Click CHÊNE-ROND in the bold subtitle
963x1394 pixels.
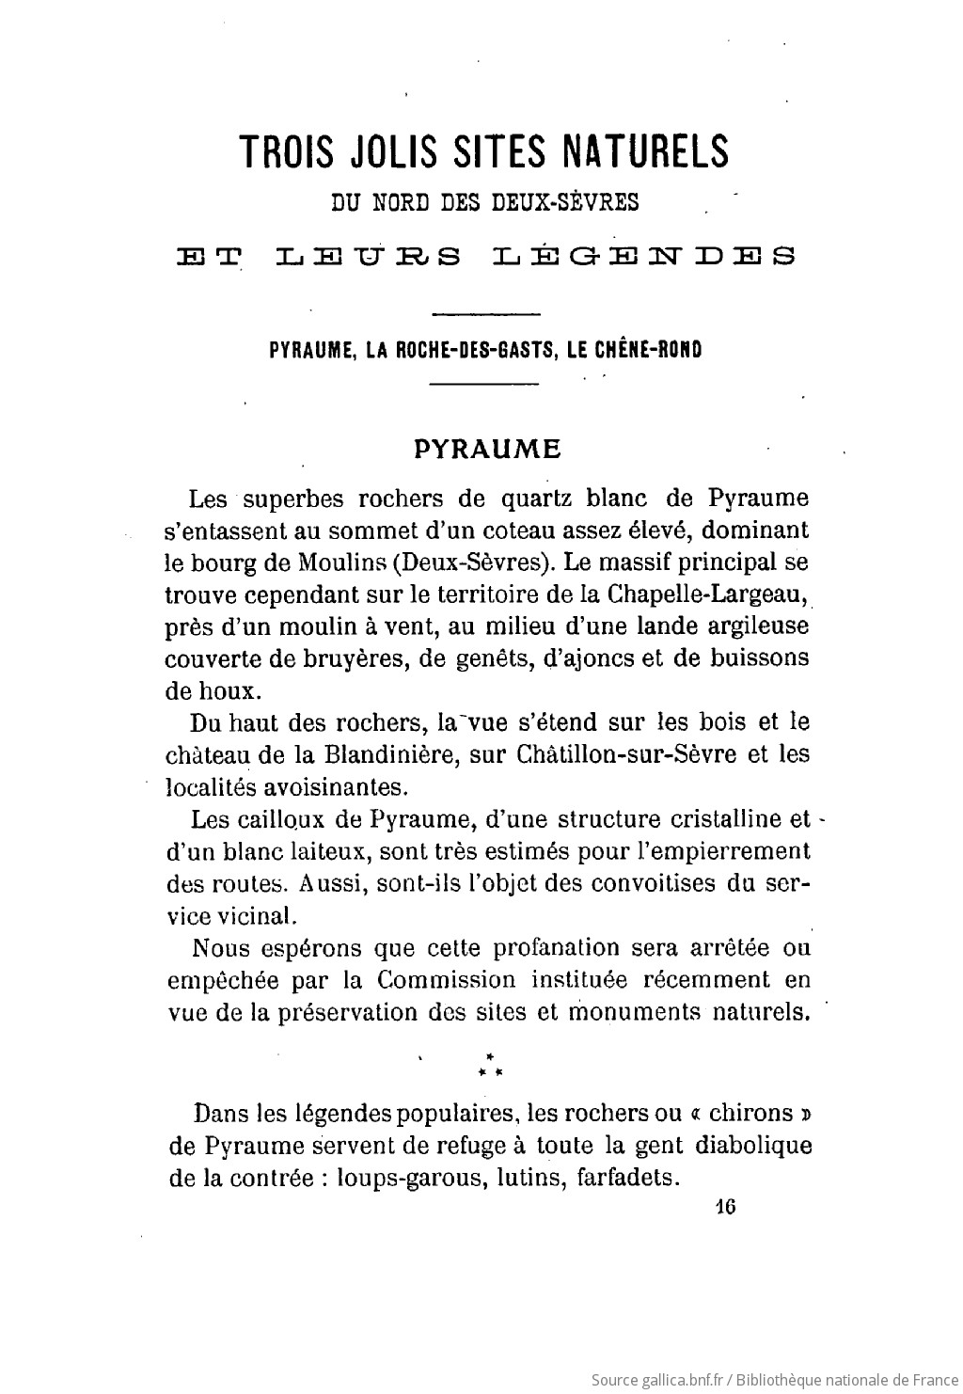[655, 349]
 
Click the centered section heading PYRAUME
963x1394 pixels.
[488, 449]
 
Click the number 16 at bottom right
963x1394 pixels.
[724, 1208]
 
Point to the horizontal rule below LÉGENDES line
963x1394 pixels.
[484, 313]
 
